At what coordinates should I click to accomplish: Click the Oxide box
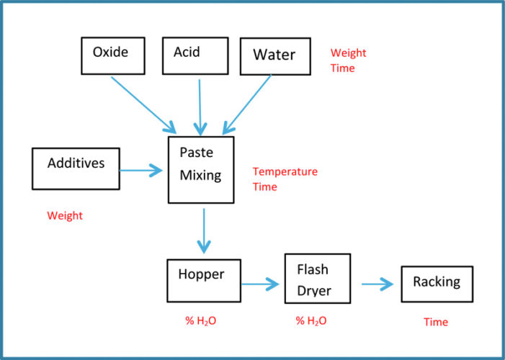[113, 55]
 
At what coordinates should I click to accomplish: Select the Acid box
[195, 55]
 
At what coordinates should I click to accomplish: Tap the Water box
[275, 56]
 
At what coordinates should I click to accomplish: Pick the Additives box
[76, 168]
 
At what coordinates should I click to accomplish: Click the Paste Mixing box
[201, 170]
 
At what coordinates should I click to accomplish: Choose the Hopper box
[204, 281]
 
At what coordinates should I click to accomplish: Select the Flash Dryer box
[318, 279]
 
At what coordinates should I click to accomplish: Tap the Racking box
[437, 284]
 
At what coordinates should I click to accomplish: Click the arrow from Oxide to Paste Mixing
[143, 105]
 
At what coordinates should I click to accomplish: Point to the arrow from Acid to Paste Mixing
[200, 107]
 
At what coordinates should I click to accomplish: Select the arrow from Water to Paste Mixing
[247, 104]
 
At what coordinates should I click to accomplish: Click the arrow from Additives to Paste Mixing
[141, 171]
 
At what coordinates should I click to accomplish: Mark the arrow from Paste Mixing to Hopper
[204, 231]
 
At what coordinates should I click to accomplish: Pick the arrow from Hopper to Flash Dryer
[260, 284]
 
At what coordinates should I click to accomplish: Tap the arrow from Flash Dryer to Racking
[377, 284]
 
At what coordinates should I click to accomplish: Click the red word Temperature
[285, 171]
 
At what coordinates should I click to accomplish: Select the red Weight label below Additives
[65, 216]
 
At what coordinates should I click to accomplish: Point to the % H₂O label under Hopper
[201, 320]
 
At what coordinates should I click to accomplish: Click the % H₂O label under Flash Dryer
[311, 320]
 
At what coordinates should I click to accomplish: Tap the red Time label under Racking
[436, 322]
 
